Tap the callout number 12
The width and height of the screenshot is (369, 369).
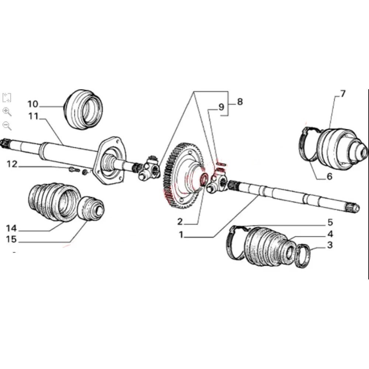tap(12, 164)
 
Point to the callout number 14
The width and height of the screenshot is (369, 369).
tap(11, 228)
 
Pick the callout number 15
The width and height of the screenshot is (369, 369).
tap(11, 239)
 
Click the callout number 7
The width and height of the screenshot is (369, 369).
tap(342, 93)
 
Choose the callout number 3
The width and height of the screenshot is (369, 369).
tap(330, 245)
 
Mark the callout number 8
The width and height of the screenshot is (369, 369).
tap(239, 102)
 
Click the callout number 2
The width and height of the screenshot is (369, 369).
tap(180, 221)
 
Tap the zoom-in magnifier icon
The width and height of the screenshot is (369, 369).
tap(7, 112)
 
